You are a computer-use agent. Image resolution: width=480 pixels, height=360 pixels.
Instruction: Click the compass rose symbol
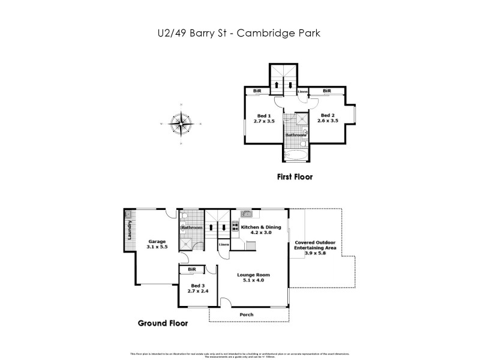pos(181,124)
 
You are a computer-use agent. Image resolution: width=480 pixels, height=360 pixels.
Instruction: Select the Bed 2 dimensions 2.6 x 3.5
pos(327,121)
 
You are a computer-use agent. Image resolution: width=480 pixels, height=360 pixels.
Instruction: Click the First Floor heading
pos(295,177)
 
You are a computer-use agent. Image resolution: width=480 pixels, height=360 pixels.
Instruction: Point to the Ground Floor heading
pos(163,323)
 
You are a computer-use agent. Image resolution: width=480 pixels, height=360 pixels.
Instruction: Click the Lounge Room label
pos(256,275)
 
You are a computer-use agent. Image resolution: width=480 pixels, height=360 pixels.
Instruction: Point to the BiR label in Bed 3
pos(192,270)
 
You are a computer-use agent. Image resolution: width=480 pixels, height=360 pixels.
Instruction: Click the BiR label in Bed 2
pos(327,91)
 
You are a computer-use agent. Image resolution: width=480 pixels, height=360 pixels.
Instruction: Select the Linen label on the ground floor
pos(223,245)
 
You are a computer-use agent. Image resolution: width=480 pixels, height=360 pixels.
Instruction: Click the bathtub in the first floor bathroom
pos(295,156)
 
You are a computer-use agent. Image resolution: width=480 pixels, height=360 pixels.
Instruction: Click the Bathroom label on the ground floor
pos(192,228)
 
